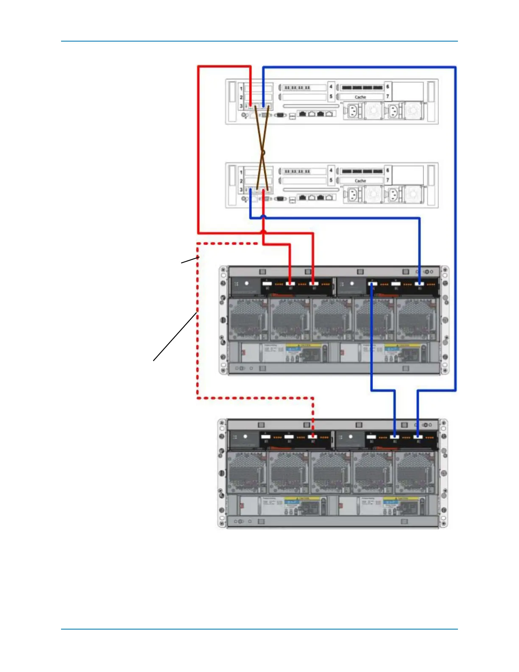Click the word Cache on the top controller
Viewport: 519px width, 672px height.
tap(360, 97)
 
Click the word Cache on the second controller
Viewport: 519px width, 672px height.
tap(360, 181)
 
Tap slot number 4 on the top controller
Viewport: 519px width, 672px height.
tap(331, 87)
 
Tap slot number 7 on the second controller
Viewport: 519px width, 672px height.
tap(387, 180)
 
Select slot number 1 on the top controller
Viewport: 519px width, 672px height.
tap(241, 89)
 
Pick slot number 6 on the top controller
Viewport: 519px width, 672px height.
tap(387, 87)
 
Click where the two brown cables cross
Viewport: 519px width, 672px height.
tap(263, 152)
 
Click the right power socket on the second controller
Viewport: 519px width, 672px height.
tap(394, 195)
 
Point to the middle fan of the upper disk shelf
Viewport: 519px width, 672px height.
tap(332, 319)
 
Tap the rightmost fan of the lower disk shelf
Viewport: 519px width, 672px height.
tap(415, 472)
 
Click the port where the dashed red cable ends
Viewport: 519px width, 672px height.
tap(313, 437)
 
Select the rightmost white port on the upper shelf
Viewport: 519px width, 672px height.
tap(419, 283)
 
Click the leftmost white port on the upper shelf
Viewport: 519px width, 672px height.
tap(267, 283)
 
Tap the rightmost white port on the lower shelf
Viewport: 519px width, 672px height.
tap(418, 437)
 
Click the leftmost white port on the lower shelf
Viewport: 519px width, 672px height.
tap(266, 437)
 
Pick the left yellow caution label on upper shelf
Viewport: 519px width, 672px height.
tap(303, 345)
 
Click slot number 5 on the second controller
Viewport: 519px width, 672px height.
tap(331, 180)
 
